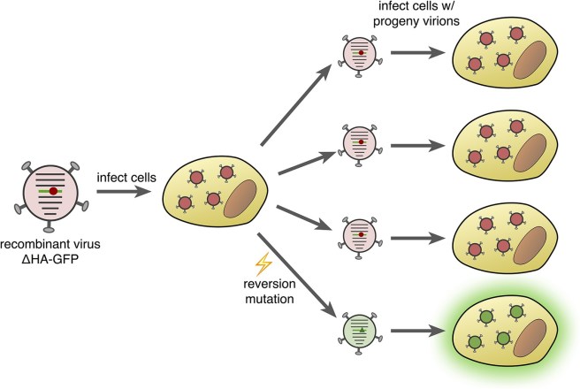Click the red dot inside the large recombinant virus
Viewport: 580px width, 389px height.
(x=54, y=189)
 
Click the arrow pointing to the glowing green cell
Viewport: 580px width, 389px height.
(x=414, y=332)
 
